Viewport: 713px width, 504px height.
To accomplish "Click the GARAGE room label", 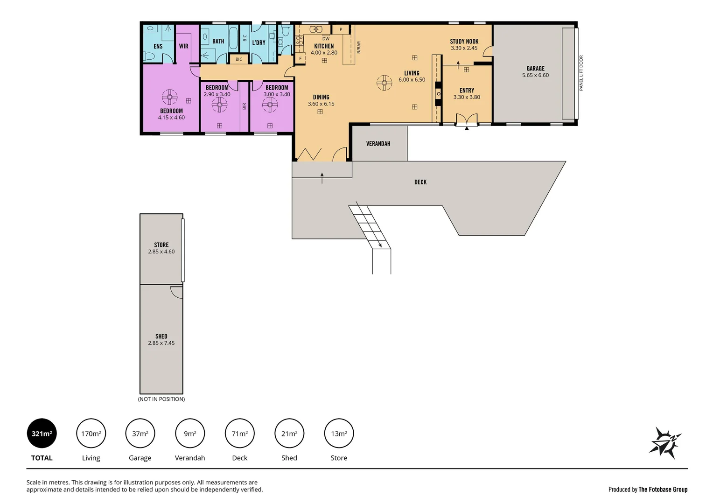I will [535, 69].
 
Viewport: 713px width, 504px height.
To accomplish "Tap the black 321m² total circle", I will [42, 434].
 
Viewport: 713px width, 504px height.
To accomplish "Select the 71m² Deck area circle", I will [239, 434].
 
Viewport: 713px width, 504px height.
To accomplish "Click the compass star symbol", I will [664, 443].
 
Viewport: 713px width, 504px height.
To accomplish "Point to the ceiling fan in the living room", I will [384, 83].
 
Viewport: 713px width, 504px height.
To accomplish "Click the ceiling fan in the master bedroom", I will [169, 98].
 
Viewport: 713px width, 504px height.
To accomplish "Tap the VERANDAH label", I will [378, 144].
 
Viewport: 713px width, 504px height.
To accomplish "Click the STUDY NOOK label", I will [464, 42].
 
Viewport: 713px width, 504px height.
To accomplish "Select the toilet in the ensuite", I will [149, 56].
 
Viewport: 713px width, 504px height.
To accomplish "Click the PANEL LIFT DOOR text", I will [581, 73].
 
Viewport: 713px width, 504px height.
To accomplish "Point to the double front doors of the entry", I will [466, 119].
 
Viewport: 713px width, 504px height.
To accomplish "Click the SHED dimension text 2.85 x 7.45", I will [161, 343].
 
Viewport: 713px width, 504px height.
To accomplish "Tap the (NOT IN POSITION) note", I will [161, 399].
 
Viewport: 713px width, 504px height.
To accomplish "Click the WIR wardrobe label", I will [184, 46].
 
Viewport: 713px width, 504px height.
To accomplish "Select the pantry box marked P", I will [341, 29].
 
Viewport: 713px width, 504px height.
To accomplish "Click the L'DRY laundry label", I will [259, 42].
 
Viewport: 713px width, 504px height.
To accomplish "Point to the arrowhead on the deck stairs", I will [379, 245].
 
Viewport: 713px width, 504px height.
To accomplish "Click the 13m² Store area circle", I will [339, 434].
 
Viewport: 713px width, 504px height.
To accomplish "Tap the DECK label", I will [420, 182].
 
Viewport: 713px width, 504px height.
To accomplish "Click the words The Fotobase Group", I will [663, 490].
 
